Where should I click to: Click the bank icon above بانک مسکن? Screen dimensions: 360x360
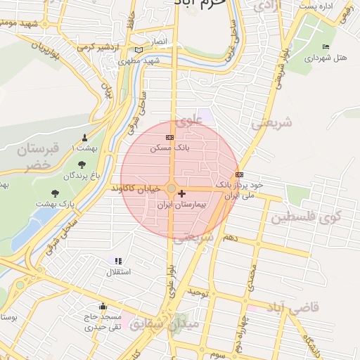[169, 137]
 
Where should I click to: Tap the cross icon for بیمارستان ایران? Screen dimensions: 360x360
[182, 193]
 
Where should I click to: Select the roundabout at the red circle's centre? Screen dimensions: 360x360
[172, 188]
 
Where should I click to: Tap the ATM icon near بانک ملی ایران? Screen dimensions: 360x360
[240, 174]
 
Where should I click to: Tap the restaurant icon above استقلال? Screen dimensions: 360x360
[118, 261]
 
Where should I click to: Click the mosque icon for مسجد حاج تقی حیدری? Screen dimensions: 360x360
[103, 306]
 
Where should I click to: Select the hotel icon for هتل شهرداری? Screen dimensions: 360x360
[325, 47]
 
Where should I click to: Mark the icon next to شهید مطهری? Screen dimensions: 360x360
[139, 50]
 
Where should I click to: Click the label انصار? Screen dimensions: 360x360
[159, 41]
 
